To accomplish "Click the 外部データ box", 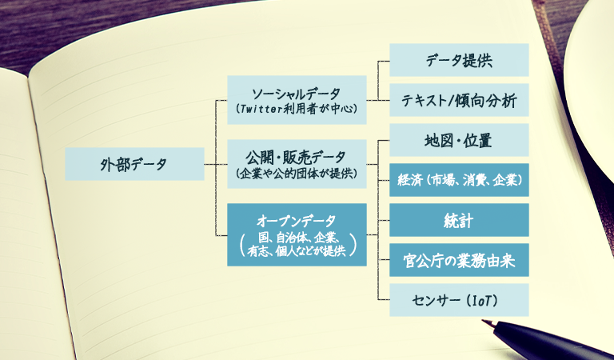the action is pos(134,164).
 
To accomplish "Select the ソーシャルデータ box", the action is pos(297,100).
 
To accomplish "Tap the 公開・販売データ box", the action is pos(297,164).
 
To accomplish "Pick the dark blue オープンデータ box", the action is pos(297,234).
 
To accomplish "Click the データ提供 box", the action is pos(459,60).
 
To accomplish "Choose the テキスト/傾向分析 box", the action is pos(459,100).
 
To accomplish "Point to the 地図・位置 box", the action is pos(459,140).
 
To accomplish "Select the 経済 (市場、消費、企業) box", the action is pos(459,180).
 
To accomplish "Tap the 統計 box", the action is pos(459,220).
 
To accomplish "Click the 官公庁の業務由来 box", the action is pos(459,260).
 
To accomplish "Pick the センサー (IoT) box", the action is pos(459,300).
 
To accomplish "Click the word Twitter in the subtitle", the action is pos(261,109).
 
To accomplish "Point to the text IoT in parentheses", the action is pos(481,301).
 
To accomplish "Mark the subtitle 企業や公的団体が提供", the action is pos(297,174).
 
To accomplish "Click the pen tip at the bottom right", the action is pos(483,322).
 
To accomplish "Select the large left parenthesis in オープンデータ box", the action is pos(243,244).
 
